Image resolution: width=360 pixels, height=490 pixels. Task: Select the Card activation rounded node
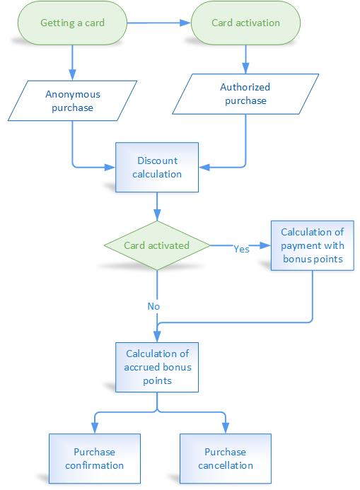click(x=245, y=23)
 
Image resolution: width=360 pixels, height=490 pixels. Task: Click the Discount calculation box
click(x=156, y=167)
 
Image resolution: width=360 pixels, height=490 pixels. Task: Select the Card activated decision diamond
click(x=156, y=246)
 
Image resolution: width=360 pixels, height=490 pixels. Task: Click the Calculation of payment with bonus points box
click(x=312, y=245)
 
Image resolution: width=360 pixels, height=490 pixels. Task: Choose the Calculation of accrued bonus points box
click(x=156, y=368)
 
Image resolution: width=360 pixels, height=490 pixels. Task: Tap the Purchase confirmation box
click(x=93, y=458)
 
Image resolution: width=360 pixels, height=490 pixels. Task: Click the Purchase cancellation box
click(x=224, y=458)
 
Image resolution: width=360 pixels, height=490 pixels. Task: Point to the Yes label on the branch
click(x=241, y=249)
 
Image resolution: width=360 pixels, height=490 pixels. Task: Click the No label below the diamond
click(x=153, y=306)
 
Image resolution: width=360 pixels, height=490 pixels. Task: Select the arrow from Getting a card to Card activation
click(x=159, y=23)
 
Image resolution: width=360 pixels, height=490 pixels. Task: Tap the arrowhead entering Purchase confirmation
click(x=93, y=429)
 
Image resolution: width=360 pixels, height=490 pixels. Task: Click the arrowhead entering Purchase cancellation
click(x=226, y=429)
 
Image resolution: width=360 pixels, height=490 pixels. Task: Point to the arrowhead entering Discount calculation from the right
click(x=204, y=168)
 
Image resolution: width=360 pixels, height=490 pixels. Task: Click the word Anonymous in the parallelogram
click(x=73, y=95)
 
